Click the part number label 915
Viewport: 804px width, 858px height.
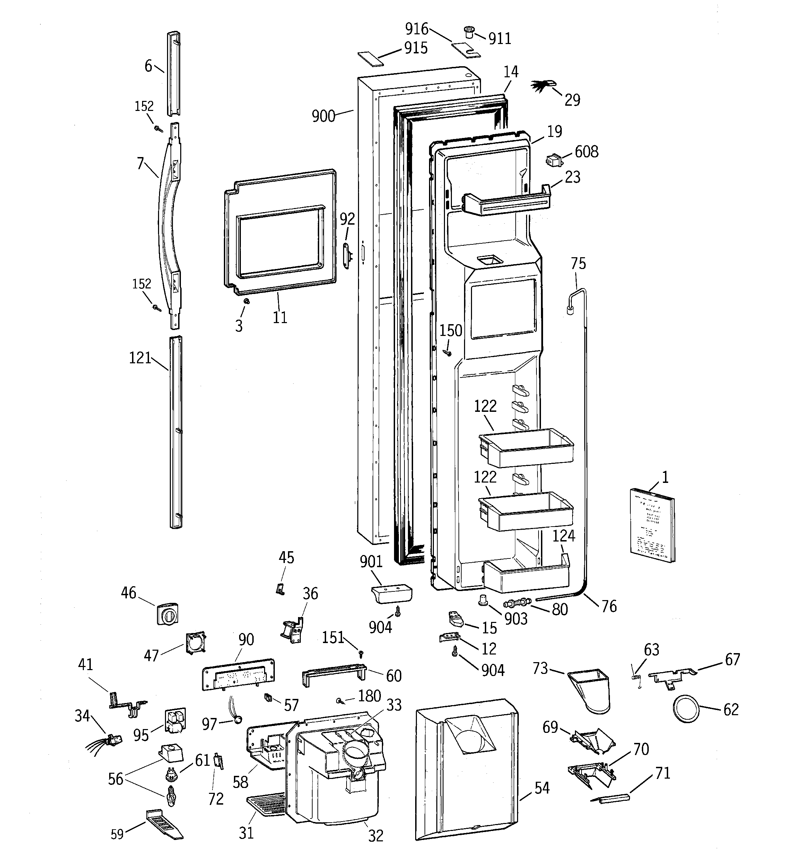click(416, 48)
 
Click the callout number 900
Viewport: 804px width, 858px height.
click(323, 116)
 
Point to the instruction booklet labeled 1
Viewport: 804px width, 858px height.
click(652, 525)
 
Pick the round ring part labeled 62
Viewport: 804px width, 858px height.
click(685, 709)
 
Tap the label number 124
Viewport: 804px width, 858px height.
click(563, 536)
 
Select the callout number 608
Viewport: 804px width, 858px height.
click(586, 152)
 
